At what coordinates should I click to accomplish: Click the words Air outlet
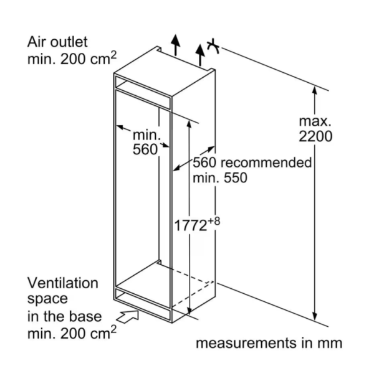(x=57, y=42)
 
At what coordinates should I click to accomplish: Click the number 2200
(x=315, y=136)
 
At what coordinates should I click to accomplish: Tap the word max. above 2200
(x=315, y=121)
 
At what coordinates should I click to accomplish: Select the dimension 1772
(x=190, y=226)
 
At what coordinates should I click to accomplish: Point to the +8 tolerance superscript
(x=214, y=221)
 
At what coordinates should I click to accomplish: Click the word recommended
(x=266, y=162)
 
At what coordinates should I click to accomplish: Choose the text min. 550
(x=220, y=178)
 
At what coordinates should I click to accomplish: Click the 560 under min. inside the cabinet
(x=145, y=149)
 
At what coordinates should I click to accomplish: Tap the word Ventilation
(x=63, y=283)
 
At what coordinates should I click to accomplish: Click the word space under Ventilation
(x=47, y=299)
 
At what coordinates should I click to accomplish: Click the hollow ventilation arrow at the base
(x=128, y=316)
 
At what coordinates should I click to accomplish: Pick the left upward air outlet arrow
(x=176, y=45)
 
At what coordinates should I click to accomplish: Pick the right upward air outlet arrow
(x=200, y=55)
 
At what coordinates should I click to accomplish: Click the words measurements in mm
(x=269, y=343)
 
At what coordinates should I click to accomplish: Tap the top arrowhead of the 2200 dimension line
(x=315, y=90)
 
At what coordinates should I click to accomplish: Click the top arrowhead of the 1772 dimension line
(x=189, y=124)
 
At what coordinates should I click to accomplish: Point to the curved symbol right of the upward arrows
(x=213, y=45)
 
